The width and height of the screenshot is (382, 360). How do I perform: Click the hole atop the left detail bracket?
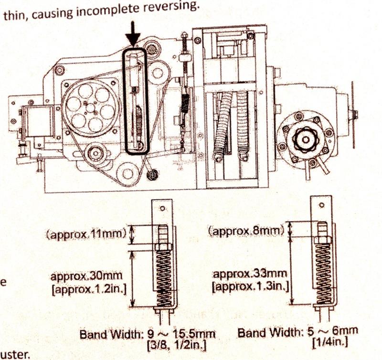click(x=162, y=209)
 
